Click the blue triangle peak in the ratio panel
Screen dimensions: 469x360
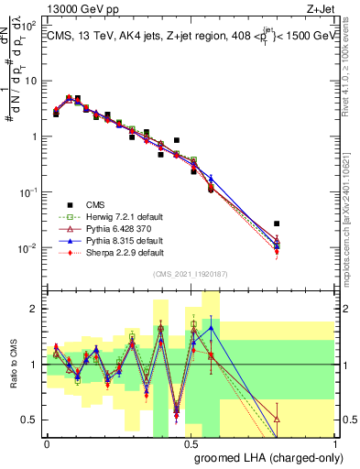tap(212, 327)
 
